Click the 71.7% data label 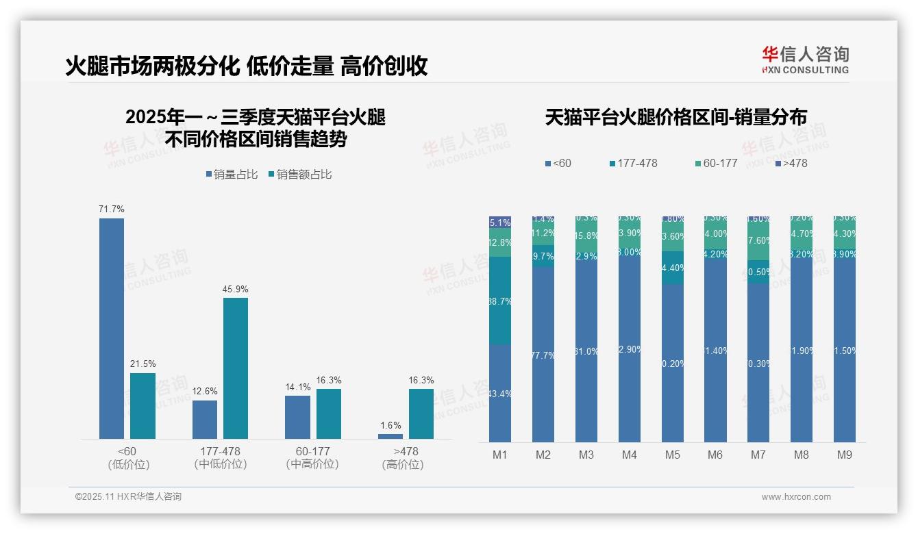pyautogui.click(x=112, y=209)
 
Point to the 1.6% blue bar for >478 pyautogui.click(x=390, y=436)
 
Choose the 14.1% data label pyautogui.click(x=297, y=387)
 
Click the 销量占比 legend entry pyautogui.click(x=232, y=175)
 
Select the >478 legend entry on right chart pyautogui.click(x=791, y=163)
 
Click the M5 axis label pyautogui.click(x=672, y=455)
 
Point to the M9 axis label pyautogui.click(x=845, y=455)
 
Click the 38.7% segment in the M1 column pyautogui.click(x=500, y=301)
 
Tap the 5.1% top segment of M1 pyautogui.click(x=500, y=222)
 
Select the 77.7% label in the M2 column pyautogui.click(x=543, y=355)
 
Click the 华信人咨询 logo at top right pyautogui.click(x=805, y=60)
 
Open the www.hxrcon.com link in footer pyautogui.click(x=796, y=497)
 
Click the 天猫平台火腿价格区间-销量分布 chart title pyautogui.click(x=675, y=117)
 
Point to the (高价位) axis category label pyautogui.click(x=403, y=465)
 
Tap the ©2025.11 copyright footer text pyautogui.click(x=128, y=497)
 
